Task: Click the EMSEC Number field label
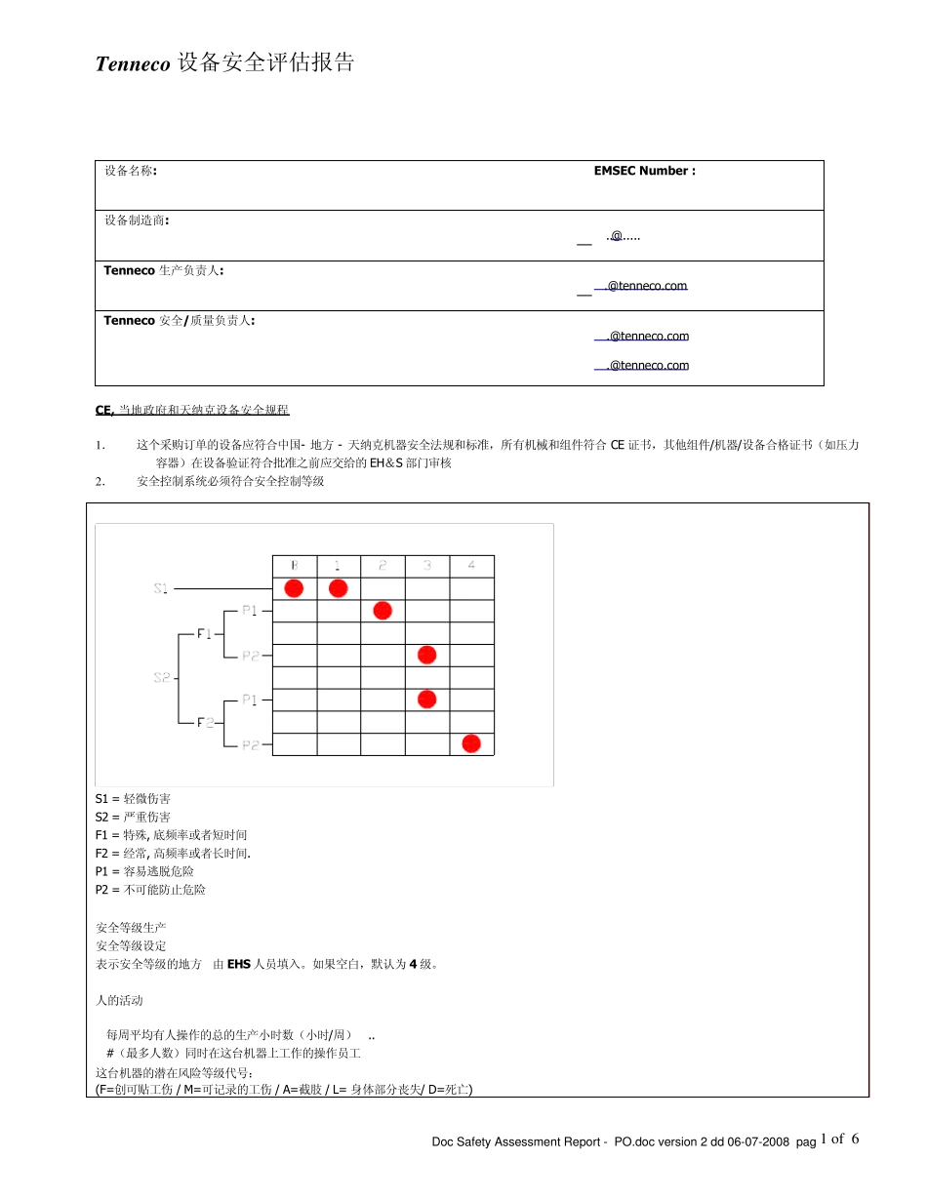(644, 171)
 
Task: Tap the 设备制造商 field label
(137, 220)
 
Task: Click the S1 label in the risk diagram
(162, 588)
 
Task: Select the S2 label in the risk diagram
(162, 677)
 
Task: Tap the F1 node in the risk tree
(205, 633)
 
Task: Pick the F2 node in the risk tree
(205, 722)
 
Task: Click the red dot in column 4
(471, 743)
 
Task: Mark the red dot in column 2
(383, 611)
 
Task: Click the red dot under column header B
(294, 588)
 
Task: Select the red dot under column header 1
(339, 588)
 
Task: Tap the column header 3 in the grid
(427, 566)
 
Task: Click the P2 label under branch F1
(250, 656)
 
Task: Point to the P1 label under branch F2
(250, 700)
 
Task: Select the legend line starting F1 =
(171, 835)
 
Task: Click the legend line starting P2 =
(150, 890)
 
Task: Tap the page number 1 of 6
(840, 1140)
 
